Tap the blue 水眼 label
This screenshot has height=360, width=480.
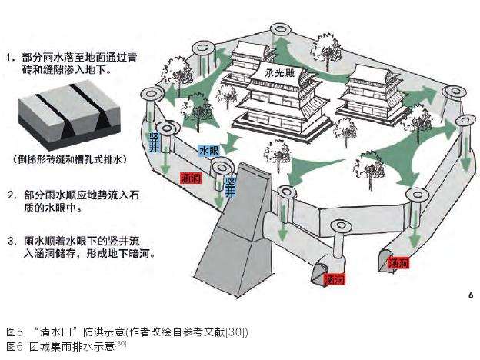coord(208,152)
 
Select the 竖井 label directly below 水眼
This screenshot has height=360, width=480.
coord(229,185)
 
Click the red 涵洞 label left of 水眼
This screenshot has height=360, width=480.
coord(189,178)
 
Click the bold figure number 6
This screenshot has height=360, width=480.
coord(469,295)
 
